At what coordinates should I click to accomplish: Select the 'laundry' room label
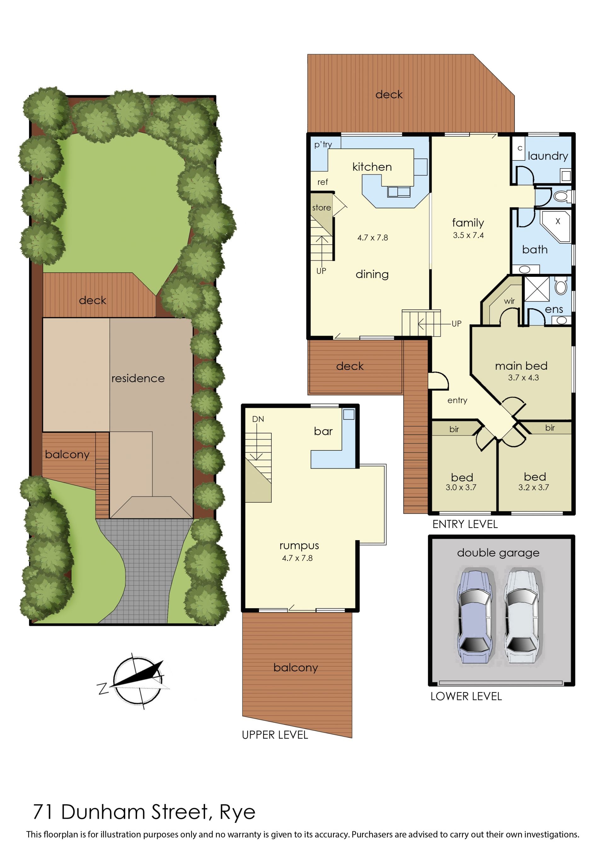point(548,156)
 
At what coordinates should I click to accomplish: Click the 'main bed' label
point(521,366)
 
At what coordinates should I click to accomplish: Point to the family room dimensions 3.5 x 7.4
point(468,235)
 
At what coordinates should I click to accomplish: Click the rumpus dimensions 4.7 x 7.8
point(297,558)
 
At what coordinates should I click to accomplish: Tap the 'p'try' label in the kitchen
point(323,145)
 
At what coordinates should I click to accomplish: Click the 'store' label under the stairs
point(321,207)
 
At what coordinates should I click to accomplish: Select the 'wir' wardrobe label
point(509,301)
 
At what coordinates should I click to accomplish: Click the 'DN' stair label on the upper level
point(258,419)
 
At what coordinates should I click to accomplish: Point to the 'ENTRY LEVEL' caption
point(465,524)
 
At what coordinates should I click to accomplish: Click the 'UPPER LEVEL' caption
point(275,735)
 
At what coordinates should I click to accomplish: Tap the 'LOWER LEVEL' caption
point(466,696)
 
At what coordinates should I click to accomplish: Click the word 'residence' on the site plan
point(138,378)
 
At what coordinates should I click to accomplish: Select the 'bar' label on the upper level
point(323,431)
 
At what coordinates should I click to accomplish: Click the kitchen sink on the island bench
point(399,192)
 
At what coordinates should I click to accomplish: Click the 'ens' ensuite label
point(554,309)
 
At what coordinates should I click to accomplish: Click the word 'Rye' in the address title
point(238,812)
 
